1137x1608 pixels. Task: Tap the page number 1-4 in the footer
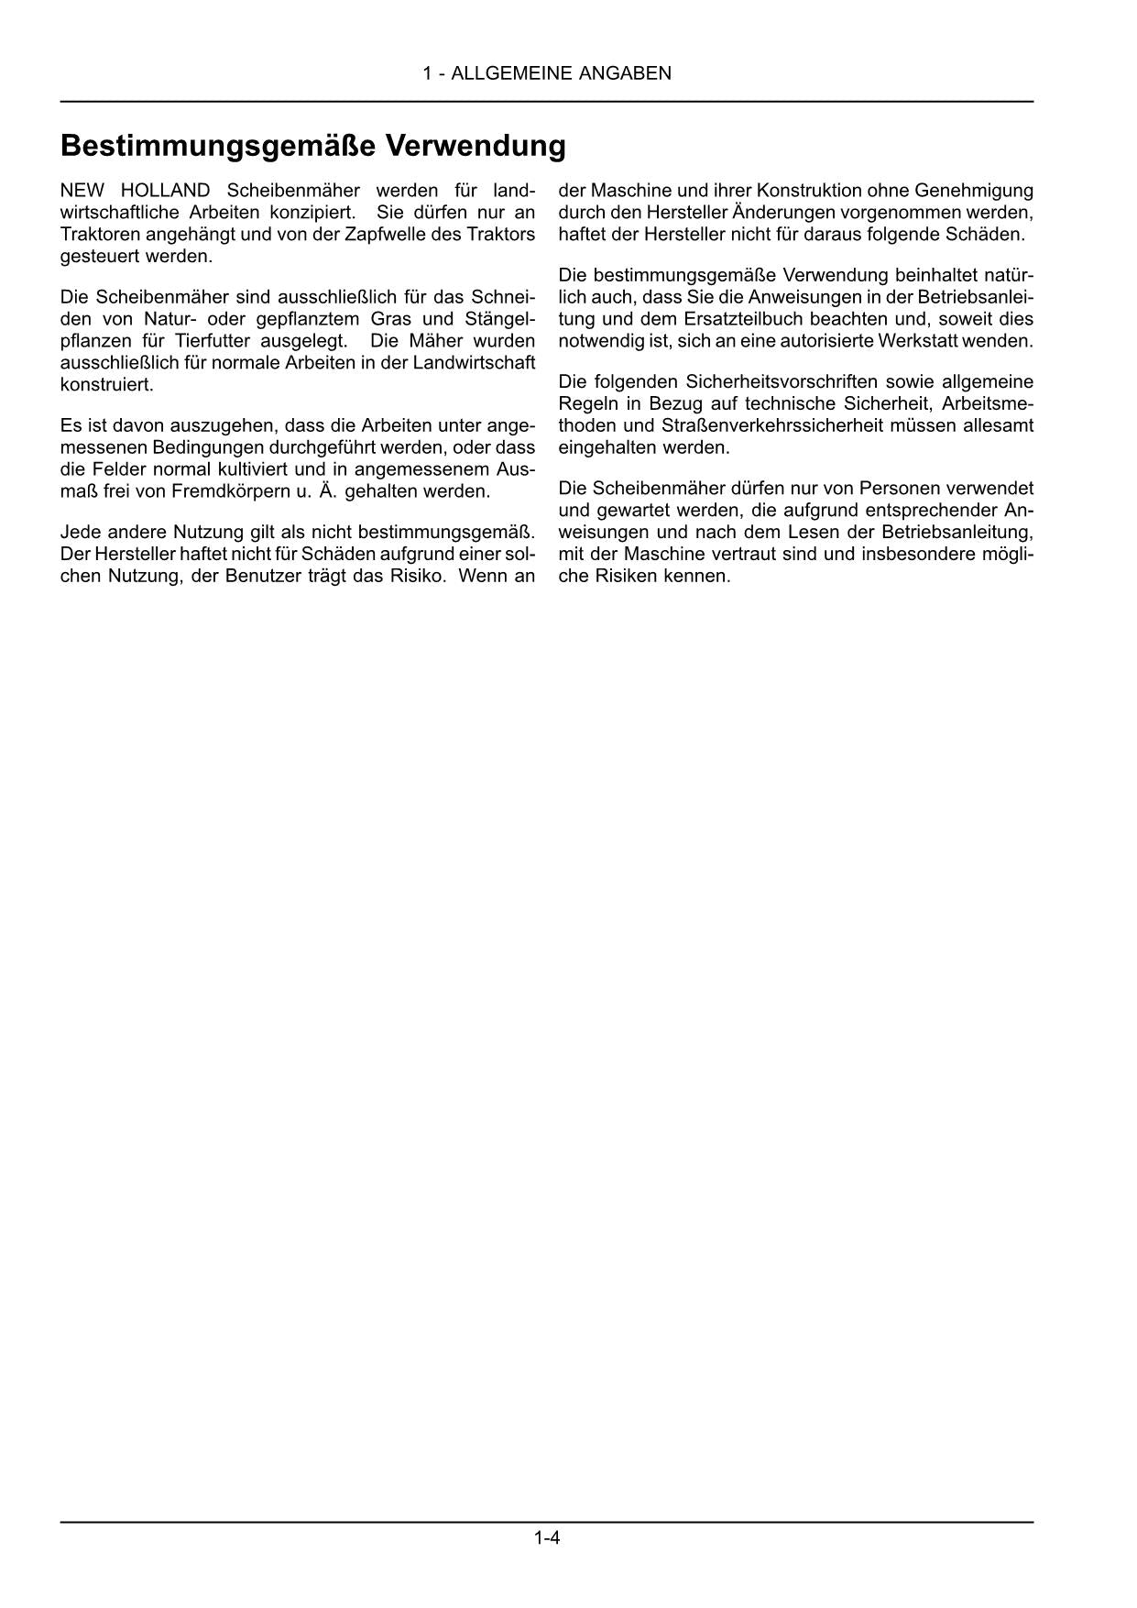click(x=547, y=1537)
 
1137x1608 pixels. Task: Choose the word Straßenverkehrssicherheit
click(x=818, y=425)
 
